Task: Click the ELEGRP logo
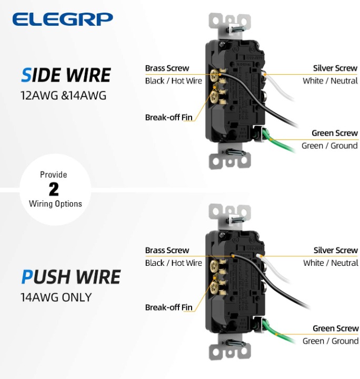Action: [63, 19]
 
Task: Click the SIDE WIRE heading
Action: [66, 75]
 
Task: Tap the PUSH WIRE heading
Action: [71, 277]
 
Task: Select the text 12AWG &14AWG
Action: [63, 95]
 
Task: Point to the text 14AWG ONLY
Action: [56, 297]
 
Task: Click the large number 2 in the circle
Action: [54, 189]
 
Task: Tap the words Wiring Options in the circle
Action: [55, 204]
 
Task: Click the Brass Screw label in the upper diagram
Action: [167, 68]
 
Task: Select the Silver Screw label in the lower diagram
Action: [336, 250]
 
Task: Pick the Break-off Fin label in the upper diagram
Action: [168, 117]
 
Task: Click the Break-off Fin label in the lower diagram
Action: [168, 307]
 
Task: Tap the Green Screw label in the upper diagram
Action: [335, 133]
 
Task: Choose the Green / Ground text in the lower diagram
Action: [331, 341]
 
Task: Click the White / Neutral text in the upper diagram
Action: [330, 81]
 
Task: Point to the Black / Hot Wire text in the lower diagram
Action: [174, 263]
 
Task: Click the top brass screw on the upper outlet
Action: [214, 76]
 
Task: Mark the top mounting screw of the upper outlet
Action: [235, 29]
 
